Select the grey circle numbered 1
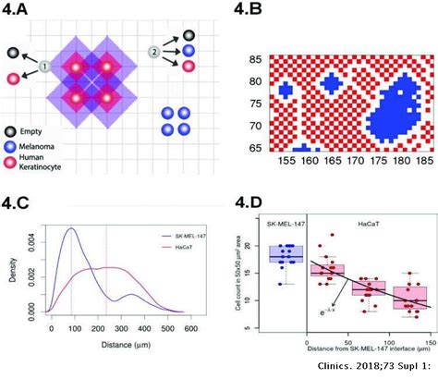click(x=43, y=67)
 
